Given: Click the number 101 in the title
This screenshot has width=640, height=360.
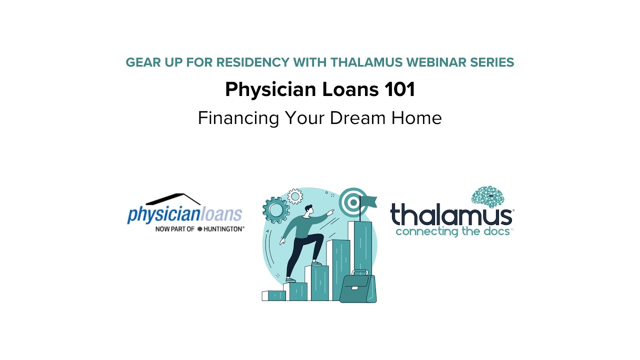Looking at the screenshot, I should pos(400,90).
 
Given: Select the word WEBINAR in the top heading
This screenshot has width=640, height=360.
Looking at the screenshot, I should pos(434,62).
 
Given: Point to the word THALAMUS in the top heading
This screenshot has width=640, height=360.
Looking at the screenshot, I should pos(366,62).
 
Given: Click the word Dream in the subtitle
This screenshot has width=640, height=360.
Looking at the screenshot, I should pos(354,118).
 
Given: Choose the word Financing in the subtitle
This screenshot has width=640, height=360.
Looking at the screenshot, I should pos(238,118).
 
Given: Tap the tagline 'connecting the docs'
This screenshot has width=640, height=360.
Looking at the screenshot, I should pos(454,231).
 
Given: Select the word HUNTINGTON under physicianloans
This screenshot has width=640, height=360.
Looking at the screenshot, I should pos(223,228).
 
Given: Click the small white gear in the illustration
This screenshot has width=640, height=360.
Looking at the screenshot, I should pos(295,196).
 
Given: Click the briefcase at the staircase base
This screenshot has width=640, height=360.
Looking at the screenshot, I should pos(358,287).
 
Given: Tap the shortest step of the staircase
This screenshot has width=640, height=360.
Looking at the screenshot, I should pos(273,295).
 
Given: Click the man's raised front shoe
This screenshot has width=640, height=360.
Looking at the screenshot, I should pos(316,263).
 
